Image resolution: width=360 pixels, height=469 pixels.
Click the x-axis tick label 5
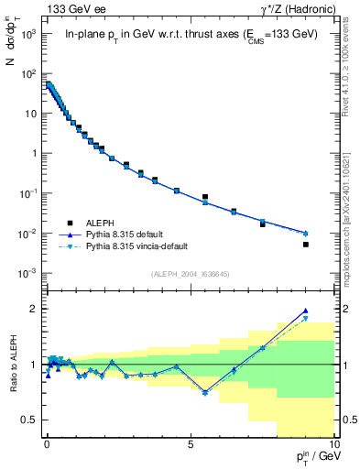pyautogui.click(x=190, y=444)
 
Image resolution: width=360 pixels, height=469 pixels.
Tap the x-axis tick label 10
pyautogui.click(x=333, y=444)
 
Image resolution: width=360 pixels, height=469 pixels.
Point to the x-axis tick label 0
pyautogui.click(x=47, y=444)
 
